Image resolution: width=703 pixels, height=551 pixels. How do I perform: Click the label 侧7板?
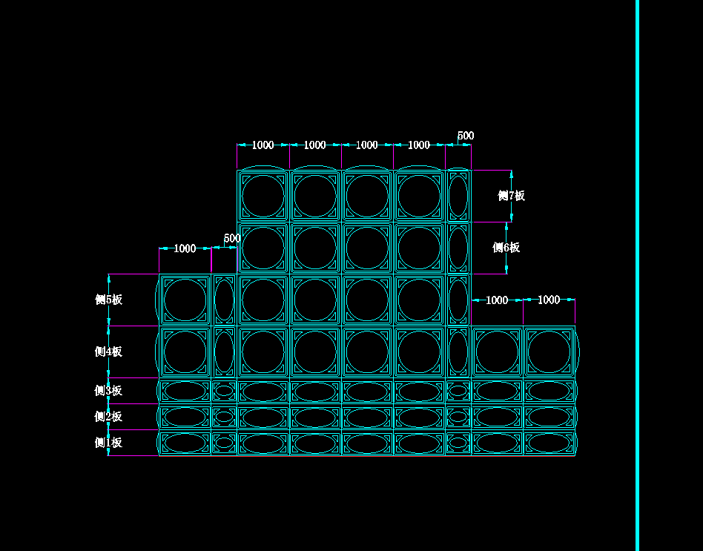511,196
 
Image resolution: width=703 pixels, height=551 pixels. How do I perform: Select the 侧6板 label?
506,248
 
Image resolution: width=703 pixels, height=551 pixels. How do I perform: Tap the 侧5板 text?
108,300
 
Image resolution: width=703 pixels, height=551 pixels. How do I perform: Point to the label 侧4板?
108,352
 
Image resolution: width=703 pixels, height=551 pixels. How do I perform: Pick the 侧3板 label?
108,391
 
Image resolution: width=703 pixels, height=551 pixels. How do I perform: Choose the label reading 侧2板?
108,417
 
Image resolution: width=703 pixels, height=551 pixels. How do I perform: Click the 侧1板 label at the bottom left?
108,443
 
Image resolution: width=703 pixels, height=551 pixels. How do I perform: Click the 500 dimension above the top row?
465,136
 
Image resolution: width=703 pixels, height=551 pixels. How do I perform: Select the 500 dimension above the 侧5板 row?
231,238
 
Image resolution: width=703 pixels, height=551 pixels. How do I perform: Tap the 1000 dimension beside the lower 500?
185,248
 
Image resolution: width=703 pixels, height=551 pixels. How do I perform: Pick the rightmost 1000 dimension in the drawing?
549,300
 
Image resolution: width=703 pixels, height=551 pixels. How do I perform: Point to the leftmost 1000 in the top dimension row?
263,145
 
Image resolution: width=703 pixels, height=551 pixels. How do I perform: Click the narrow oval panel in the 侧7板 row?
458,196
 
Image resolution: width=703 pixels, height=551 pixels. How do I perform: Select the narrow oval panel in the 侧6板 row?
458,248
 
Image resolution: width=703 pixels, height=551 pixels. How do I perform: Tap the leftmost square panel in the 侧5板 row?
185,300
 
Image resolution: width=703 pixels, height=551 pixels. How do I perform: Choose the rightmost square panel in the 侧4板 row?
549,352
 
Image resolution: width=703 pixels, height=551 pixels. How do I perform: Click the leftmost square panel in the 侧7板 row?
263,196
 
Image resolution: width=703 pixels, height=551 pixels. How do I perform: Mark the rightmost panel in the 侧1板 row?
549,443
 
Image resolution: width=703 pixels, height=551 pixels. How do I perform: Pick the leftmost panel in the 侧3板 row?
185,391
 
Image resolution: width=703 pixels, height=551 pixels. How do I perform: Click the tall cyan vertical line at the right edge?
637,275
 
